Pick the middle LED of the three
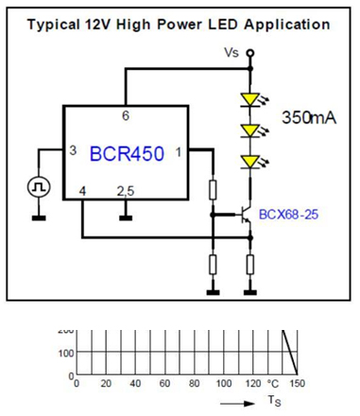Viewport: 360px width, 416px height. point(249,130)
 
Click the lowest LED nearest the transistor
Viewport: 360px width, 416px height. point(249,162)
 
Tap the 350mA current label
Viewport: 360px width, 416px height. point(309,117)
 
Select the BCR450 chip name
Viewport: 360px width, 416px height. point(128,153)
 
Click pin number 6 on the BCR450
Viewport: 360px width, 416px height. point(125,115)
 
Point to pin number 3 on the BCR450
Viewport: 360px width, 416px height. point(73,151)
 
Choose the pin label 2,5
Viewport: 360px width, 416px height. point(125,191)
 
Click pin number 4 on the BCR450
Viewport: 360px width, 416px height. point(81,191)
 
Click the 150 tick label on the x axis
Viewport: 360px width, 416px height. point(300,384)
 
